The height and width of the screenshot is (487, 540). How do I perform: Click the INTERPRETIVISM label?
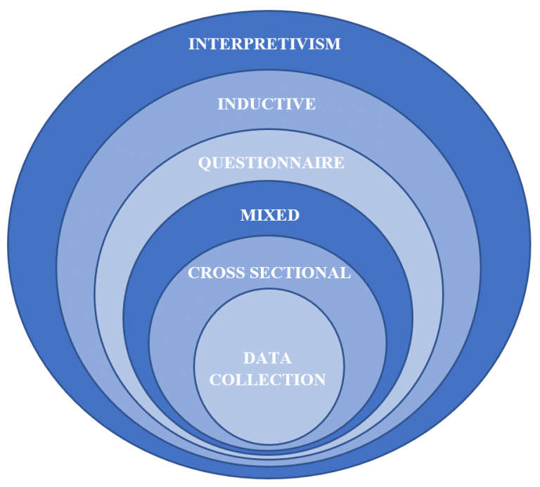(264, 44)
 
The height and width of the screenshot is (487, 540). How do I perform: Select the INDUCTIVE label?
(266, 105)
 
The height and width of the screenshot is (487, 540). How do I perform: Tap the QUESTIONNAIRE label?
(271, 163)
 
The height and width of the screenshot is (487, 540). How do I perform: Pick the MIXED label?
(270, 215)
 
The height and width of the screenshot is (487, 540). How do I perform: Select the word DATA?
(267, 358)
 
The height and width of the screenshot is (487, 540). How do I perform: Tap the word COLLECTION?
(267, 380)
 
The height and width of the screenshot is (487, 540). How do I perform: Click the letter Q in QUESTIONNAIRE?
(205, 163)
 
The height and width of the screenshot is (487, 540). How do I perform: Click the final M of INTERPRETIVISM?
(333, 44)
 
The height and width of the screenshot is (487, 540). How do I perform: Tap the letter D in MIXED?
(293, 215)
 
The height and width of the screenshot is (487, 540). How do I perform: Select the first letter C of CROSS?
(194, 273)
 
